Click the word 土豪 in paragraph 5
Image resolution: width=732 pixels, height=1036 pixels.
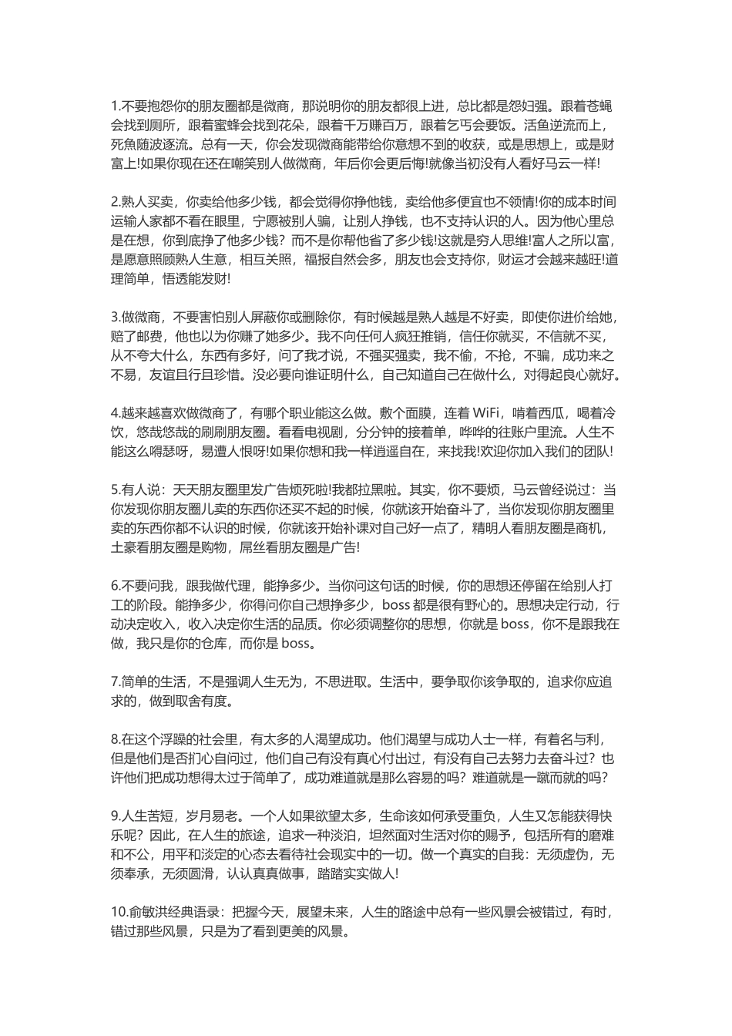click(x=126, y=547)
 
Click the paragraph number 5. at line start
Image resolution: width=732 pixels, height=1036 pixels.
click(x=116, y=489)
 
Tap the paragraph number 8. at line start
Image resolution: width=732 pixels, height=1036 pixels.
click(x=116, y=738)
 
